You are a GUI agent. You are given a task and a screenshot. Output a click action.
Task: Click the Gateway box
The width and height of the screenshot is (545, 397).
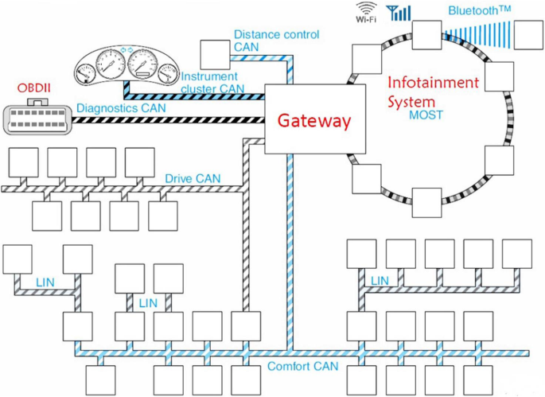315,119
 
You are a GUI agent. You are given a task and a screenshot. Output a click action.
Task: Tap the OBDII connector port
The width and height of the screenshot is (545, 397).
37,118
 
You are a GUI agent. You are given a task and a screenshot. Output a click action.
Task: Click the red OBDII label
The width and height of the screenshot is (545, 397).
33,88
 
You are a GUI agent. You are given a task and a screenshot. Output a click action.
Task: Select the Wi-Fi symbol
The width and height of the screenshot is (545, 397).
366,12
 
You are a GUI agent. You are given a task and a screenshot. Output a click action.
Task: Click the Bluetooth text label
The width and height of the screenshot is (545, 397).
479,10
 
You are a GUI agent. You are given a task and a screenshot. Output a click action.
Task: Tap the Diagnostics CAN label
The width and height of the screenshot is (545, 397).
121,108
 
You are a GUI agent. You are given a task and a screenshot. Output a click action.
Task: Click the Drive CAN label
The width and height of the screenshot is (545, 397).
193,179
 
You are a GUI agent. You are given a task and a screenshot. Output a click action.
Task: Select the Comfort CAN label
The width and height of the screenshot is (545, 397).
303,367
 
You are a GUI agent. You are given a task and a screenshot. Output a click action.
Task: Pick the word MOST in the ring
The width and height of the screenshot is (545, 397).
426,115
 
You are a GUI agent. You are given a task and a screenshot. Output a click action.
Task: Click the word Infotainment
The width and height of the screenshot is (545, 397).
433,83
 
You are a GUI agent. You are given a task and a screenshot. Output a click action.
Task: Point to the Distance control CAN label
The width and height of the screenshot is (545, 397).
276,41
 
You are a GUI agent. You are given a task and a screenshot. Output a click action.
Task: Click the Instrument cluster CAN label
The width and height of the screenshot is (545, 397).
212,83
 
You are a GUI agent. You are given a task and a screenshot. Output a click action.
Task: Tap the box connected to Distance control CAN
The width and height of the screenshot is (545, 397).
215,55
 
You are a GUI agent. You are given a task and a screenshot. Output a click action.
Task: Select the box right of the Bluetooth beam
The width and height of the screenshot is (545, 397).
528,35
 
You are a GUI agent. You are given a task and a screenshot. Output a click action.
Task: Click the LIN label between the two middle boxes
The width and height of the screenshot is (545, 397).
148,303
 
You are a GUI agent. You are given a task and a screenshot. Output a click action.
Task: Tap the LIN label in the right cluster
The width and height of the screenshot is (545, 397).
380,281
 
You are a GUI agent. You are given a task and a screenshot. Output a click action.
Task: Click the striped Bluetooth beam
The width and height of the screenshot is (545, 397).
478,35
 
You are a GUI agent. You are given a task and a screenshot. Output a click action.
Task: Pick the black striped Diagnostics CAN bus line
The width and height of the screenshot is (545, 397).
168,120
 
